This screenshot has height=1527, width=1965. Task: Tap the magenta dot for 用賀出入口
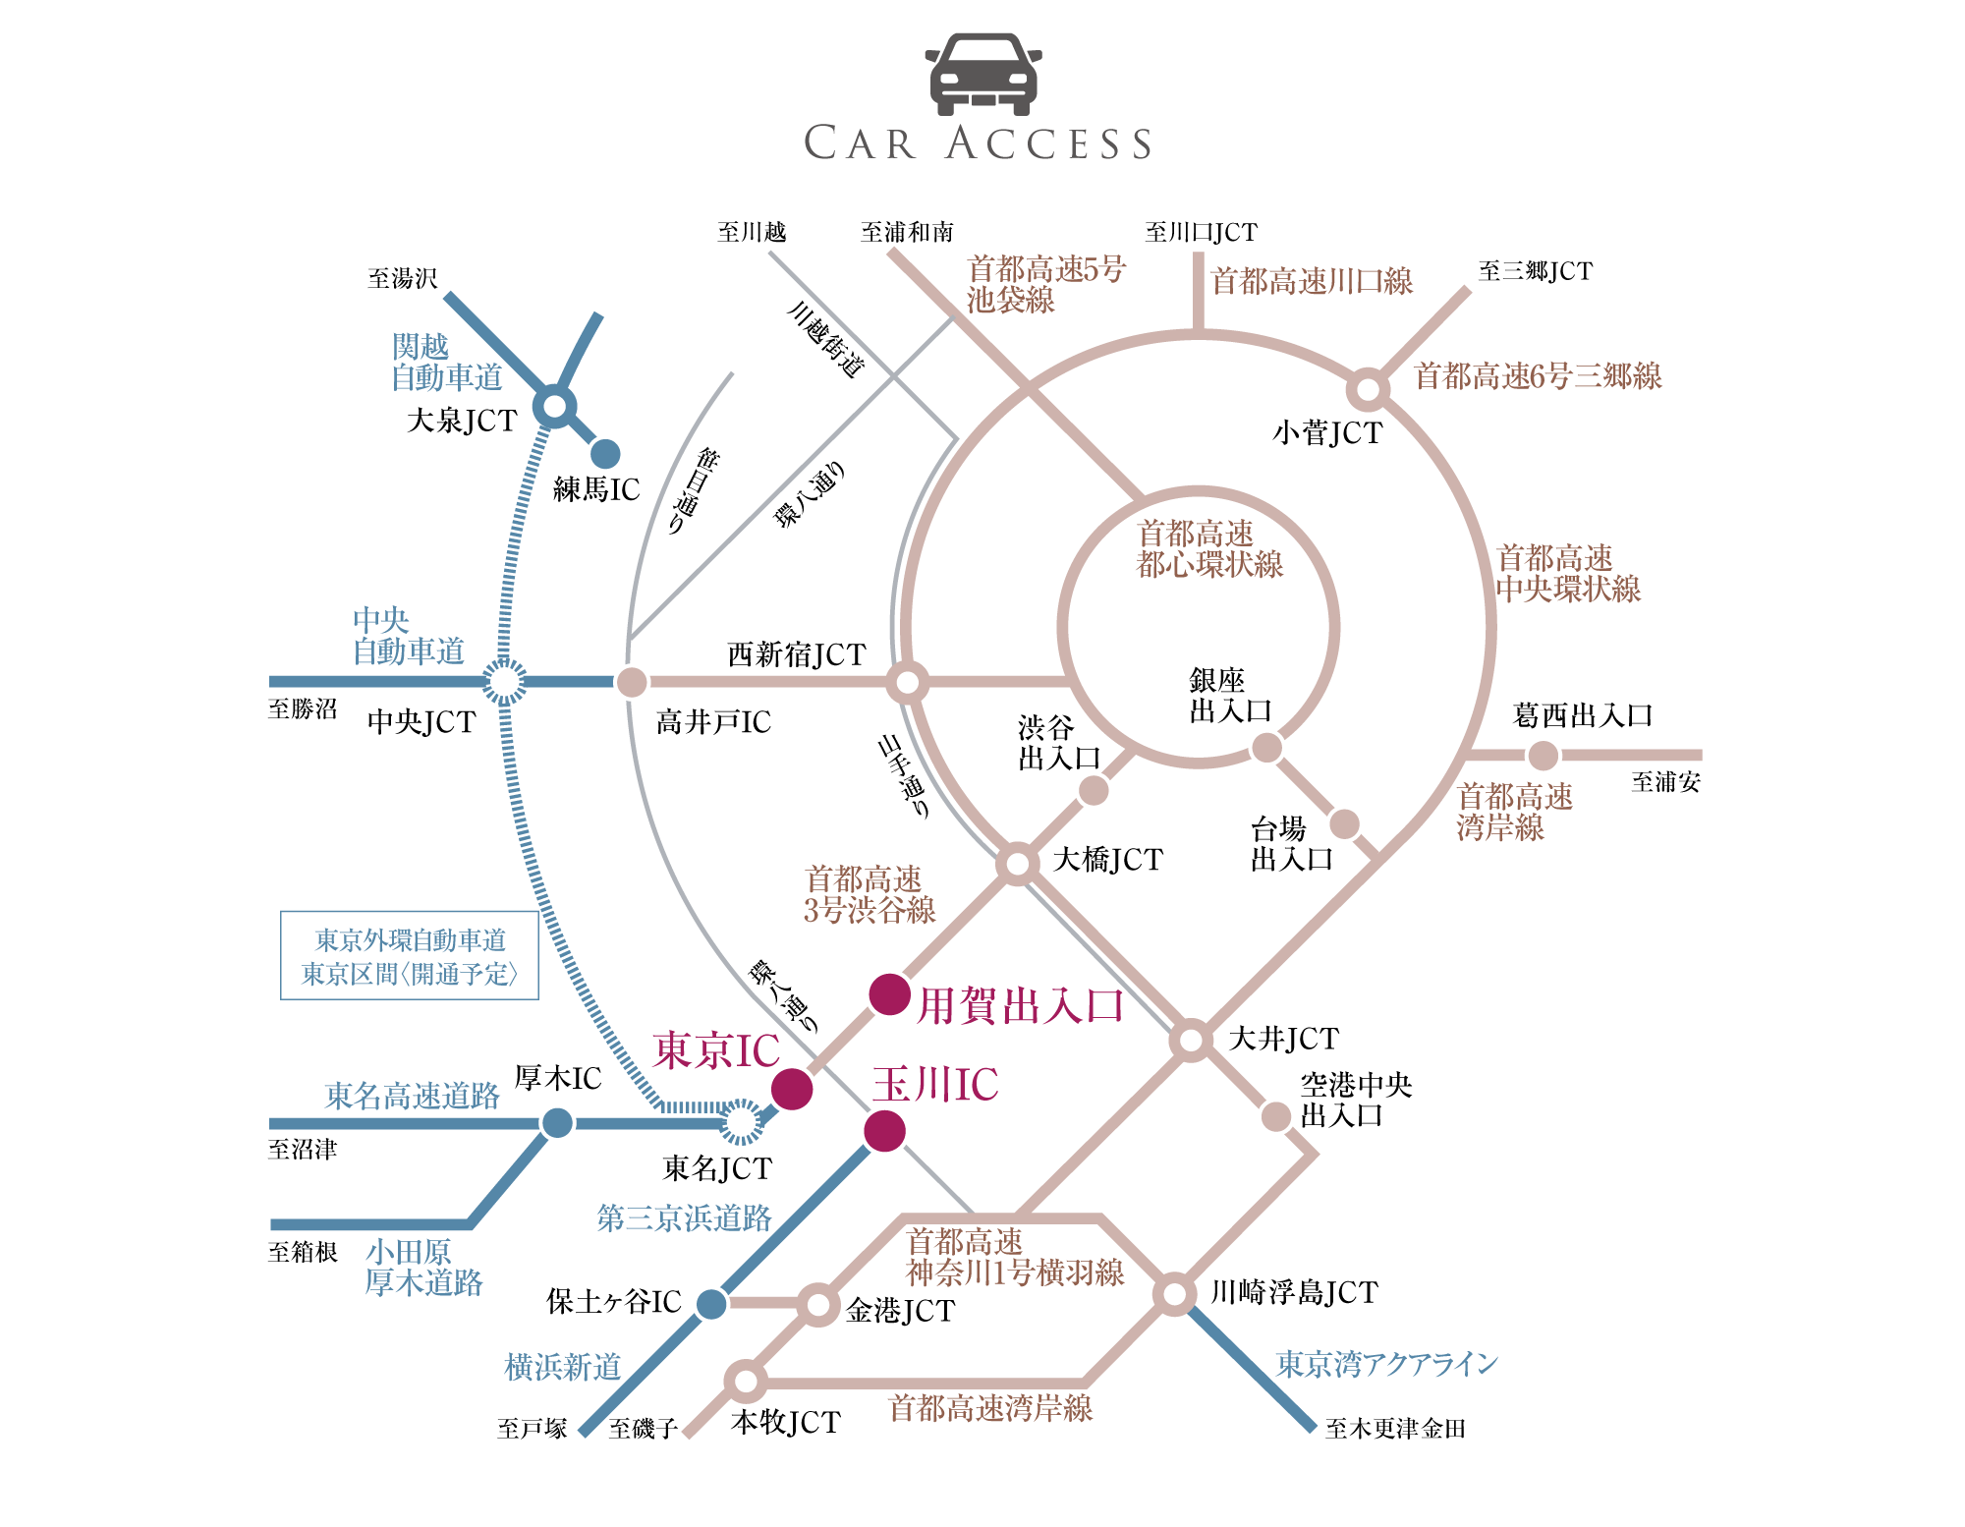point(890,994)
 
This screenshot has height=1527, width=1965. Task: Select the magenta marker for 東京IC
point(792,1089)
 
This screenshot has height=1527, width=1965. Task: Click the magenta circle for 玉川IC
point(884,1131)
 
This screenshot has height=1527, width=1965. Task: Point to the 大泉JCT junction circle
point(555,406)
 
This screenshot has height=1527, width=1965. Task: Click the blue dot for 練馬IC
point(605,453)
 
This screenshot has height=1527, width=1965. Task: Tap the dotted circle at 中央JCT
point(505,681)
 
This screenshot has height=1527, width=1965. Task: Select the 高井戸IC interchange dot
point(632,681)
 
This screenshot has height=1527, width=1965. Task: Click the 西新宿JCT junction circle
point(908,681)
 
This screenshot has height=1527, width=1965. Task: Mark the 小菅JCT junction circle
point(1368,389)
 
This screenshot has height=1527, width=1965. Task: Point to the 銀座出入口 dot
point(1266,748)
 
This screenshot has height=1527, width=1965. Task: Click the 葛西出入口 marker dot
point(1544,755)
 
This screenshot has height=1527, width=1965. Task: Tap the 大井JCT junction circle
point(1192,1040)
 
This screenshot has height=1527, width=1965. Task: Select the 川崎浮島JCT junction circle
point(1174,1294)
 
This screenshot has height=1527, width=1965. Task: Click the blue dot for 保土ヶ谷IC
point(711,1304)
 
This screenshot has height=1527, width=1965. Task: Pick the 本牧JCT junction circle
point(746,1382)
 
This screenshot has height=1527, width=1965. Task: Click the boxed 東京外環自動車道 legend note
point(410,956)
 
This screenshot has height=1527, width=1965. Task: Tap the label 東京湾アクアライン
point(1387,1363)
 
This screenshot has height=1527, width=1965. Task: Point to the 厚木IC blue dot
point(557,1122)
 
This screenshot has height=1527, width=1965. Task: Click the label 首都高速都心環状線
point(1210,549)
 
